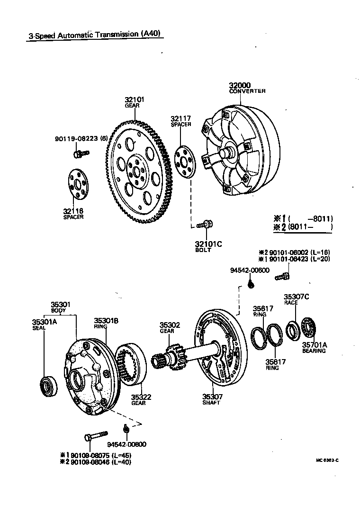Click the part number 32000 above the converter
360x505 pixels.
[240, 86]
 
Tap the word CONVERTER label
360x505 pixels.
[247, 91]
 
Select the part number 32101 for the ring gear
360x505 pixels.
[135, 99]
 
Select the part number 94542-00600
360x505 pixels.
[250, 270]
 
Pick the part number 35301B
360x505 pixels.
[106, 321]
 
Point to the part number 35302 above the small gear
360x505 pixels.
[170, 325]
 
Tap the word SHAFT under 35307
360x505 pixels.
[211, 403]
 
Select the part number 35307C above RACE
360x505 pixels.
[297, 297]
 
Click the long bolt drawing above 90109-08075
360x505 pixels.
[96, 435]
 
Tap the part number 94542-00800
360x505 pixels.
[126, 444]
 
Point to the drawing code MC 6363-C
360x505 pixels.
[327, 460]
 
